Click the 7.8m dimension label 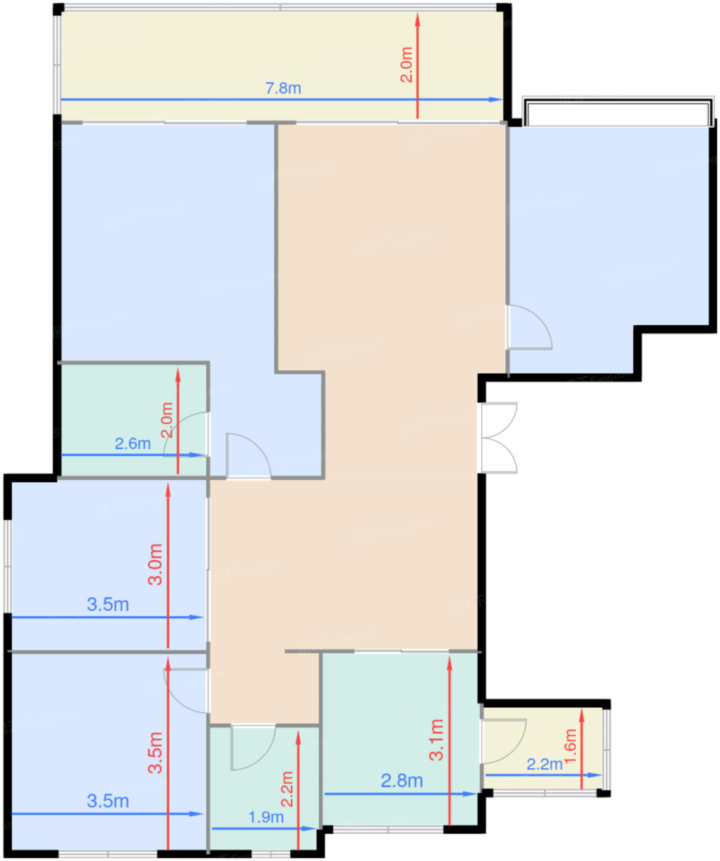(283, 88)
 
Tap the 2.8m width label (401, 780)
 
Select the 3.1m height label (436, 739)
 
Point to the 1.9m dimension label (266, 817)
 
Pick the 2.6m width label (132, 443)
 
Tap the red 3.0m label (156, 564)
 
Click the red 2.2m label (287, 789)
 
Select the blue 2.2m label (544, 764)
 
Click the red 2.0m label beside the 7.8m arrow (406, 65)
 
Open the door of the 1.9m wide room (252, 747)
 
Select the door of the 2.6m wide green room (186, 434)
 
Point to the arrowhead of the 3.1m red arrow (450, 664)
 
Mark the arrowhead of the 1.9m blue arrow (310, 828)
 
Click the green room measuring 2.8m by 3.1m (399, 739)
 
